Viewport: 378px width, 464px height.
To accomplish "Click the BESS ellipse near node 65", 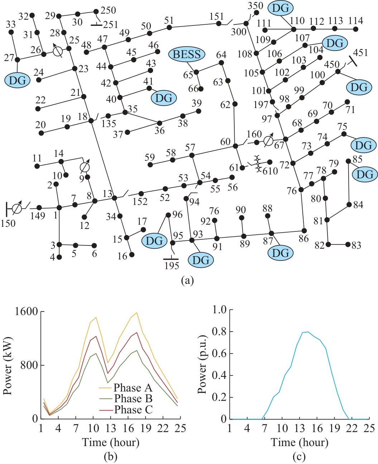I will click(x=187, y=55).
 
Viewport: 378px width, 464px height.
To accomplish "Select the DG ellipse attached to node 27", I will click(x=17, y=80).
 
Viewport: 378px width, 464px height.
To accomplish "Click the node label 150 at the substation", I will click(x=8, y=223).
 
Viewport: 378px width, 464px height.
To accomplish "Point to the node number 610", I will click(x=270, y=171).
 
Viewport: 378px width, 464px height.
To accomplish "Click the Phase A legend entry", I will click(x=133, y=388).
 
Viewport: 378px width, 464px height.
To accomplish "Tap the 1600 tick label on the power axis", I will click(x=26, y=311).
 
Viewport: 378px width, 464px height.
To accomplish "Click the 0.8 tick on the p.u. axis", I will click(x=219, y=332).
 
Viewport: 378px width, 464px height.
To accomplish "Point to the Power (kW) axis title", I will click(x=8, y=366).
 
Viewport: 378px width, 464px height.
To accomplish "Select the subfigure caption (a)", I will click(x=187, y=280).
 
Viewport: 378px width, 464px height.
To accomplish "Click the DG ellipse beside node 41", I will click(x=164, y=98).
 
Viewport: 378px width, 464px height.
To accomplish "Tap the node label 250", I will click(x=108, y=10).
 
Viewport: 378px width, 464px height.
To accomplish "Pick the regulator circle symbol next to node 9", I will click(x=85, y=167).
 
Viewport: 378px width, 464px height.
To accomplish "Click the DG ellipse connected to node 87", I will click(x=281, y=253).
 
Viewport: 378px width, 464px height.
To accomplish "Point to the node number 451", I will click(x=360, y=52).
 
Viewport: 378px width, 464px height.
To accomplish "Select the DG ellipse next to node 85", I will click(x=365, y=175).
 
